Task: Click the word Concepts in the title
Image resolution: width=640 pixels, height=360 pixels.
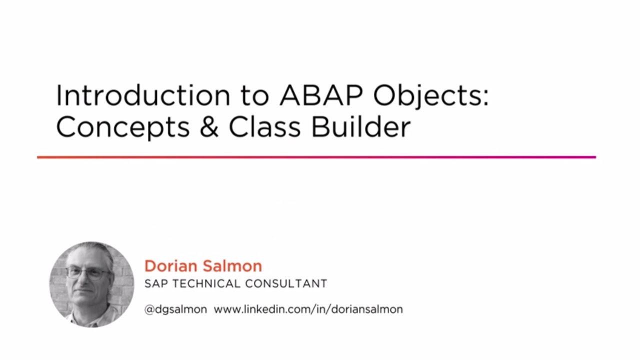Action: click(x=123, y=127)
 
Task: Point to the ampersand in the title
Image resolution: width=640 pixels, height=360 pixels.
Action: click(x=209, y=127)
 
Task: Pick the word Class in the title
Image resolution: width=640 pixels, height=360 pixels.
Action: click(x=264, y=127)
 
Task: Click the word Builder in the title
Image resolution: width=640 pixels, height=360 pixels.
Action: click(x=360, y=127)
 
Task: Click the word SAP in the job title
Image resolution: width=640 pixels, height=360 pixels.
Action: click(x=155, y=284)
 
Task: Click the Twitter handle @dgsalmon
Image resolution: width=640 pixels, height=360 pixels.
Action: click(x=175, y=309)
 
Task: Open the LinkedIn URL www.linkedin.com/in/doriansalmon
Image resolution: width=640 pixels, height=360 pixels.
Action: click(x=308, y=309)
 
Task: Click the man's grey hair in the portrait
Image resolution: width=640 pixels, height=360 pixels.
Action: click(x=95, y=252)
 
